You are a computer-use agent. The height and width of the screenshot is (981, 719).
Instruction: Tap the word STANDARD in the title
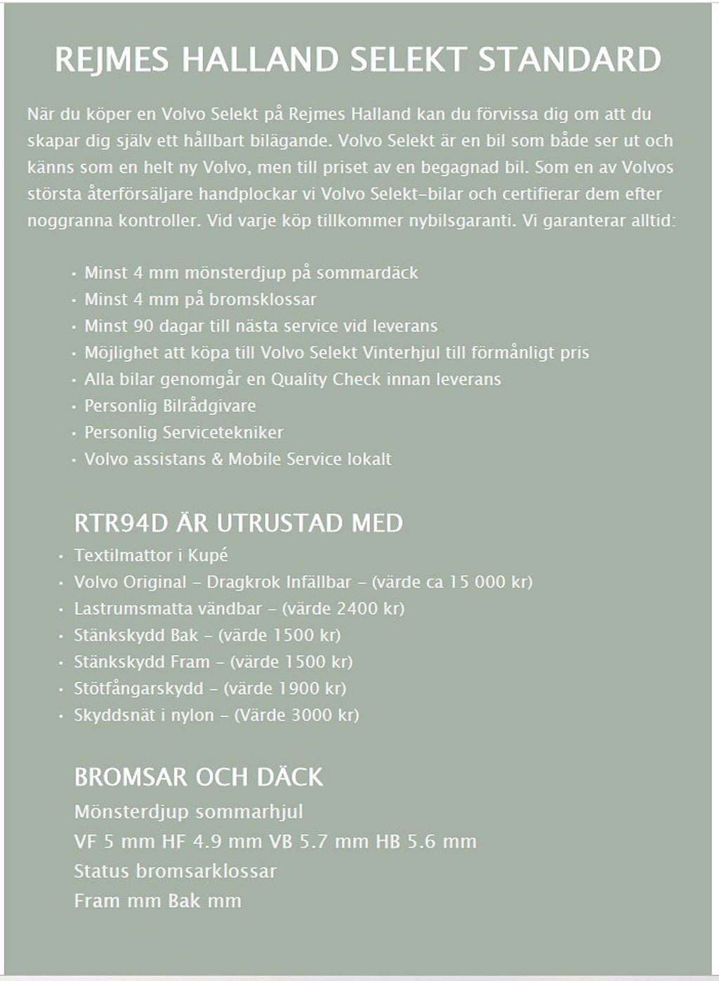pyautogui.click(x=569, y=60)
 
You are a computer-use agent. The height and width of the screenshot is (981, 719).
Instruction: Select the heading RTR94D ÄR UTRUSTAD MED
pyautogui.click(x=238, y=523)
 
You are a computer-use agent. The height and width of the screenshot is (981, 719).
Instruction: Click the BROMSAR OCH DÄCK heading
pyautogui.click(x=199, y=777)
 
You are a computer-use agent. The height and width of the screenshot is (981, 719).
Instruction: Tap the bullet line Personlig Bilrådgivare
pyautogui.click(x=170, y=406)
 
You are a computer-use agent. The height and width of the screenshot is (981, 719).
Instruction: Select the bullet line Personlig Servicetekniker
pyautogui.click(x=183, y=433)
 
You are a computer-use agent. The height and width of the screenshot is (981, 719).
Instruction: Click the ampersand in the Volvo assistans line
pyautogui.click(x=216, y=459)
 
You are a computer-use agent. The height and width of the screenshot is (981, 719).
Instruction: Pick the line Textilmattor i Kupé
pyautogui.click(x=151, y=555)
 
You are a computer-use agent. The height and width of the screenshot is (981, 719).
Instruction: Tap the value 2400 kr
pyautogui.click(x=367, y=609)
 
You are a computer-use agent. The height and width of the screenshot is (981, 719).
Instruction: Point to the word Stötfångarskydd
pyautogui.click(x=138, y=688)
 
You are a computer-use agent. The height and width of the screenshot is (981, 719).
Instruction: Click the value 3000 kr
pyautogui.click(x=322, y=715)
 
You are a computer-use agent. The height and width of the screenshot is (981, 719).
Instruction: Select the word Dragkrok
pyautogui.click(x=243, y=582)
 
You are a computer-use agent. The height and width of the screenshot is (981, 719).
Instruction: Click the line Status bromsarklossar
pyautogui.click(x=175, y=871)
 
